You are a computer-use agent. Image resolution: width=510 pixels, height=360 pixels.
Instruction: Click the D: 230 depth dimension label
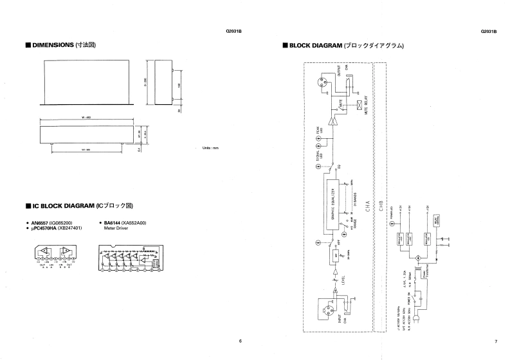point(146,82)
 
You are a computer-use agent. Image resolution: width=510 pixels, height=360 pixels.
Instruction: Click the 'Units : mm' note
point(210,148)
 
